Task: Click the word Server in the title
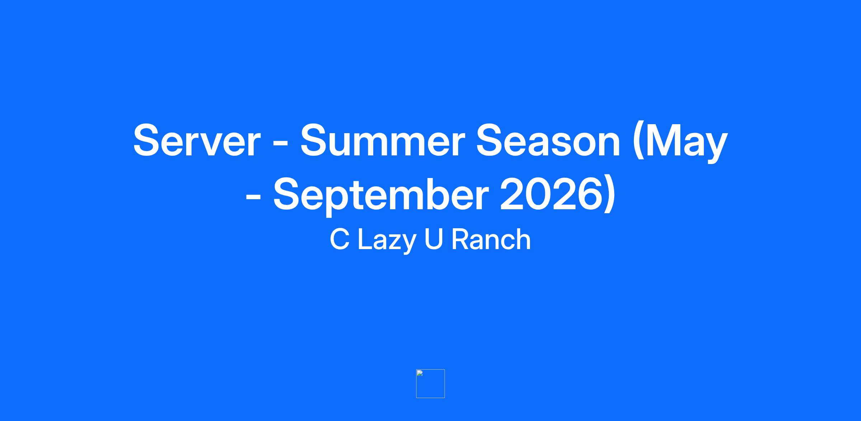[197, 141]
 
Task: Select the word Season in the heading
[548, 141]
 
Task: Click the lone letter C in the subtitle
[339, 239]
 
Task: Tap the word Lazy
[387, 242]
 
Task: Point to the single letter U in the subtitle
[433, 239]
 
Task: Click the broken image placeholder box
[430, 383]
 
